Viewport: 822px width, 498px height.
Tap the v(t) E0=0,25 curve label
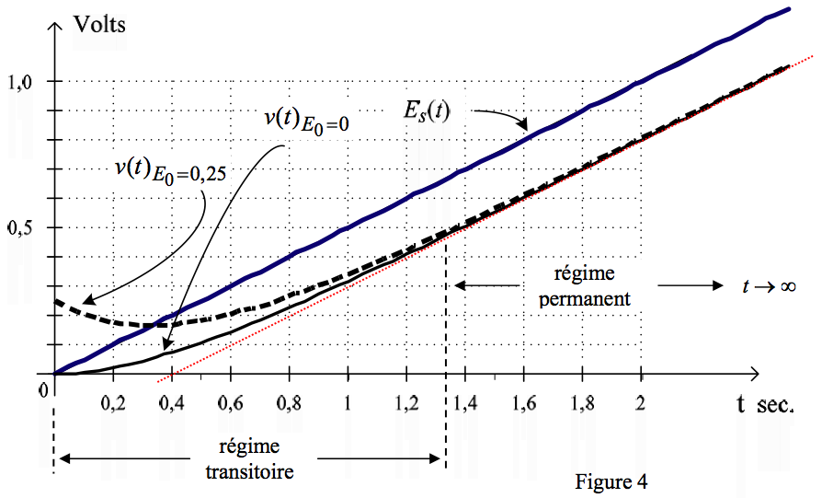[x=166, y=171]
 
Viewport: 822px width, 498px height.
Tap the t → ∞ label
[x=767, y=286]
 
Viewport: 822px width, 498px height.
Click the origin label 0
[x=41, y=388]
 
